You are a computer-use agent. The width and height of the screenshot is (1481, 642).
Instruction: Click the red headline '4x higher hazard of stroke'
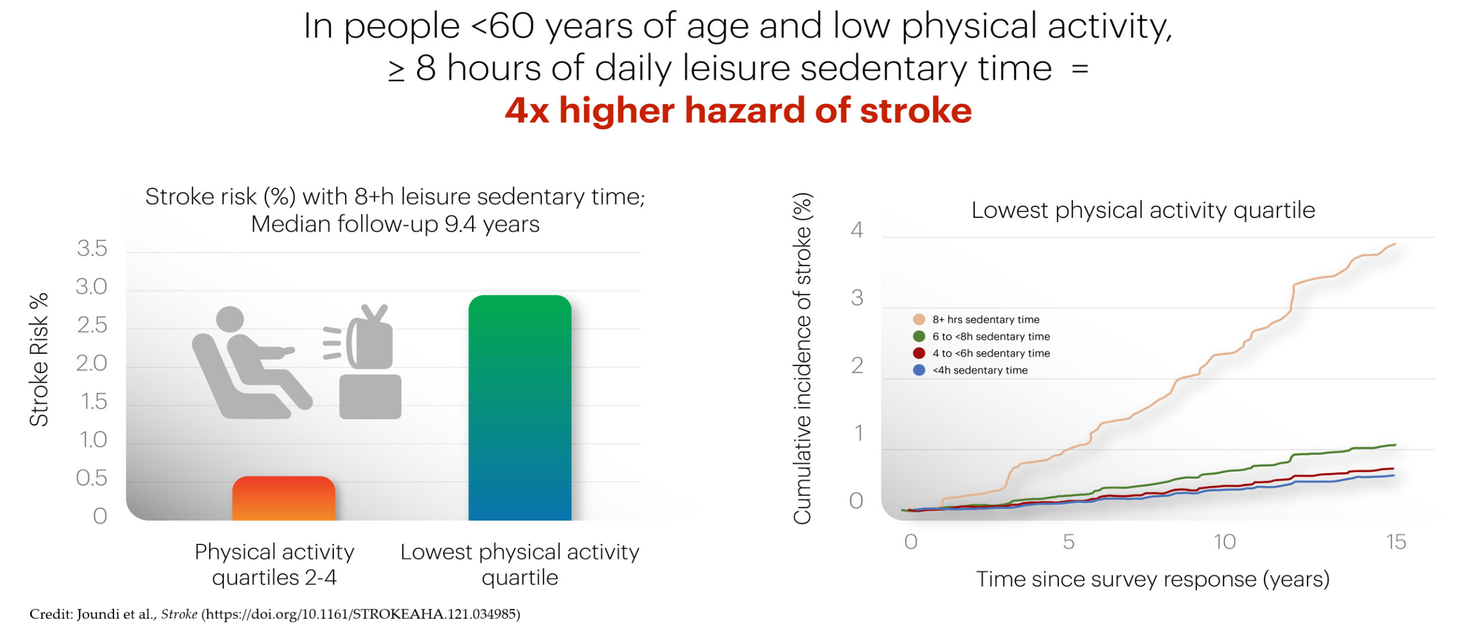(738, 111)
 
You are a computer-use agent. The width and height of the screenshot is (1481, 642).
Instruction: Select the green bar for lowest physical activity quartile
(520, 407)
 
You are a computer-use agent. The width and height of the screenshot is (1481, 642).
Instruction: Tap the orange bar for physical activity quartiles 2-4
(284, 498)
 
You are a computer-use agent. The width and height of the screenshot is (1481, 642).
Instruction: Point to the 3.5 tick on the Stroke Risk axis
(92, 248)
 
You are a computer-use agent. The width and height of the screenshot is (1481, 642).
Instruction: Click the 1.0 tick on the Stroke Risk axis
(93, 440)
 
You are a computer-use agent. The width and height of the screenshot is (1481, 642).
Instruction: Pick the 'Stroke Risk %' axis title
(39, 359)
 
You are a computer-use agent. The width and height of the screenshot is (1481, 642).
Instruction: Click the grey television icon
(363, 361)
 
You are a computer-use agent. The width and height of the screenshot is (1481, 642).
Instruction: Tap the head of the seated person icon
(230, 320)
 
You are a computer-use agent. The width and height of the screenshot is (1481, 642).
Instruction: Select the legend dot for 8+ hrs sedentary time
(919, 319)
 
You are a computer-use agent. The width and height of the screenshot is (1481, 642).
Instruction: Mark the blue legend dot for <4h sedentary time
(919, 370)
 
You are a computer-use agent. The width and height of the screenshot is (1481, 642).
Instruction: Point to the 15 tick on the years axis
(1395, 542)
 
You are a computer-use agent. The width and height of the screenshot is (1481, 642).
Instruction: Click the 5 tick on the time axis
(1069, 542)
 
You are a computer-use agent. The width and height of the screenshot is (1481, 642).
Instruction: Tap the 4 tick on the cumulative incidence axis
(857, 230)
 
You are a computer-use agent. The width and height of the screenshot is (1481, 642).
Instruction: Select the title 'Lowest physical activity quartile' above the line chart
(1143, 210)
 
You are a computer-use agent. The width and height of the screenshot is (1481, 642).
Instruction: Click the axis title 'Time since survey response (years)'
(1152, 579)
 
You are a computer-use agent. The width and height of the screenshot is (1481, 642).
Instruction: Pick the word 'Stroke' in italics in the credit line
(179, 614)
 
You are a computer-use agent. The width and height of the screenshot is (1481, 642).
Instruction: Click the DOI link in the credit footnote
(361, 614)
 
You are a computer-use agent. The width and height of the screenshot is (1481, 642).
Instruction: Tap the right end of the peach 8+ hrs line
(1395, 244)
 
